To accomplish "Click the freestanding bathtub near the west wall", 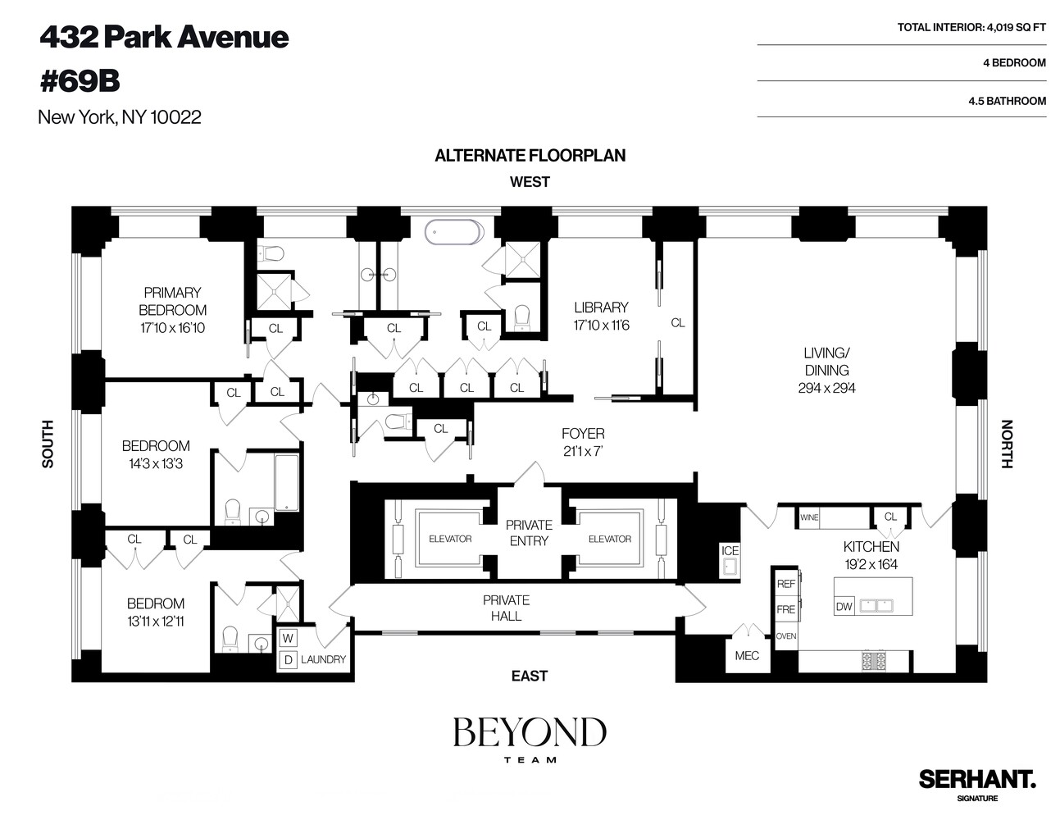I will pyautogui.click(x=454, y=232).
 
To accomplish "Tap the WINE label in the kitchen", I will pyautogui.click(x=809, y=517).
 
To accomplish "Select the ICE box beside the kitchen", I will pyautogui.click(x=730, y=551).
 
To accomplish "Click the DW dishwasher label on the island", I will pyautogui.click(x=844, y=607).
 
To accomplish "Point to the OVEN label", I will pyautogui.click(x=785, y=636).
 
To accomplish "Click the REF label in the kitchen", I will pyautogui.click(x=785, y=584).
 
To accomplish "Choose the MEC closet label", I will pyautogui.click(x=747, y=655).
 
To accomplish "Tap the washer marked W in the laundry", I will pyautogui.click(x=288, y=638).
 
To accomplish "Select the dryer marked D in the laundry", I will pyautogui.click(x=288, y=659).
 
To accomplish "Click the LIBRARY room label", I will pyautogui.click(x=601, y=307).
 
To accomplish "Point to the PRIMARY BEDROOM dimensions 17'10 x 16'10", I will pyautogui.click(x=172, y=328).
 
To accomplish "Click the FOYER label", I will pyautogui.click(x=583, y=433).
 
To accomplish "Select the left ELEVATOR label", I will pyautogui.click(x=450, y=539).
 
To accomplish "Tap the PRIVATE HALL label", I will pyautogui.click(x=506, y=608).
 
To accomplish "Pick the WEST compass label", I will pyautogui.click(x=530, y=182).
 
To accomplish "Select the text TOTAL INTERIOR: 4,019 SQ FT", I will pyautogui.click(x=971, y=27).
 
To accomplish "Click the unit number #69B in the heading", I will pyautogui.click(x=80, y=81).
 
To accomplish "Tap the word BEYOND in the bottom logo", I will pyautogui.click(x=530, y=732).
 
